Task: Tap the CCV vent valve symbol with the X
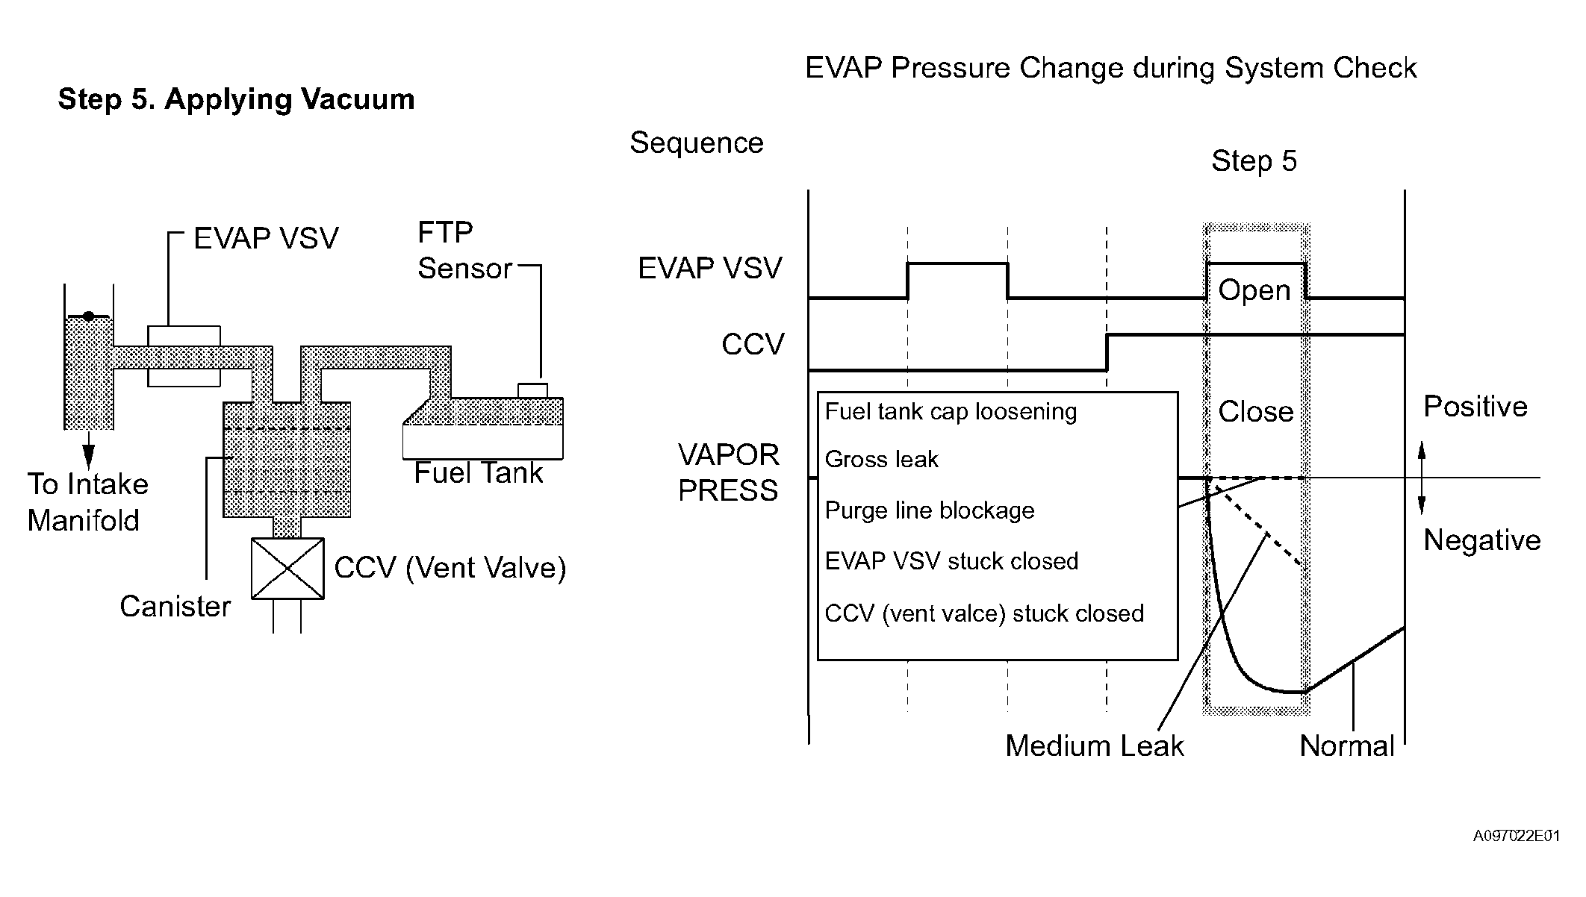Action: (x=287, y=568)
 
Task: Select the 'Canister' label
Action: (x=175, y=607)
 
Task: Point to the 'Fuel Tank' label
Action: (x=479, y=473)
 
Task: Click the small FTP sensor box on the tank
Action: (x=532, y=390)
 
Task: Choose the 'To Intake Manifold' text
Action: (x=87, y=502)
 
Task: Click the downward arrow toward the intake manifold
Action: (x=89, y=450)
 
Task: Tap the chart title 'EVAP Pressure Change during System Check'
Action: (x=1110, y=68)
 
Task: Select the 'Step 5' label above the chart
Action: (x=1254, y=161)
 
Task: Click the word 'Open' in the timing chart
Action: (x=1254, y=290)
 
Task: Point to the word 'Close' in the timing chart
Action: (x=1256, y=411)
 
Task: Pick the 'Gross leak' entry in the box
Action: (x=882, y=459)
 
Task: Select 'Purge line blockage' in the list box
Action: (x=930, y=510)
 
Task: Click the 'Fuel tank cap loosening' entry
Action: (x=951, y=412)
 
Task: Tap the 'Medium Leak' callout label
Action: (x=1095, y=746)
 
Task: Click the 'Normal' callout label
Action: (x=1347, y=746)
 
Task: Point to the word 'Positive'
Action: (x=1475, y=407)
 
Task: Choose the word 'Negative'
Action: (x=1482, y=540)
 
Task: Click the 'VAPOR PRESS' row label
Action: (x=729, y=472)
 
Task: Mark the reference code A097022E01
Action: (x=1517, y=836)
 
